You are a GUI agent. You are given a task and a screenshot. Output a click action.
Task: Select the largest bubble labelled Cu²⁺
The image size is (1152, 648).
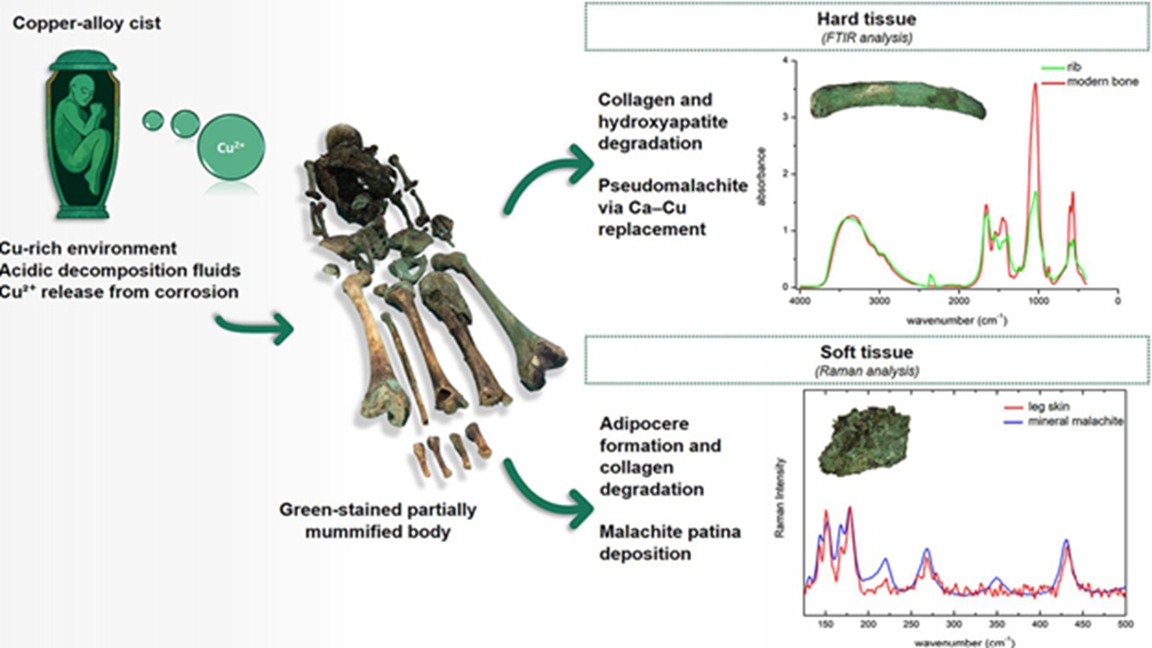[x=229, y=142]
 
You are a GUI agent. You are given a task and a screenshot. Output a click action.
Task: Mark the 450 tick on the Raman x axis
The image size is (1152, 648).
[x=1083, y=623]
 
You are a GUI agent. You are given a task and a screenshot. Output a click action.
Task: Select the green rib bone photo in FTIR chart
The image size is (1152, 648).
[x=896, y=101]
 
